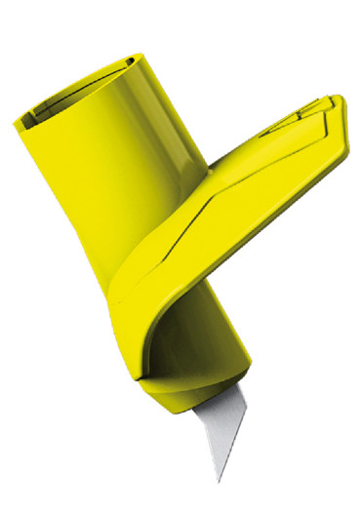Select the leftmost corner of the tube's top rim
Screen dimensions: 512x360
point(15,122)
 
